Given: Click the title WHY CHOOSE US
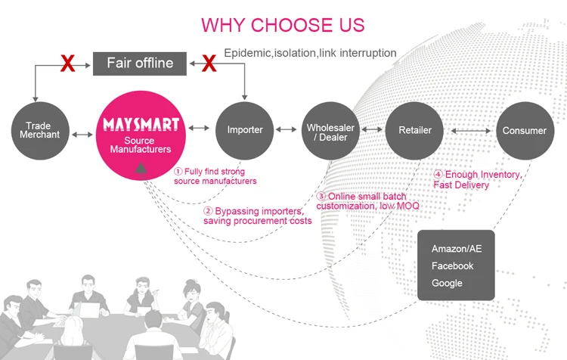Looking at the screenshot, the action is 283,24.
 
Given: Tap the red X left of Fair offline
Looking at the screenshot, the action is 67,64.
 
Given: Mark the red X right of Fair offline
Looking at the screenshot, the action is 209,64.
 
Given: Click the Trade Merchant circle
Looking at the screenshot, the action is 38,130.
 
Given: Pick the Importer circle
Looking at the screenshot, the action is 245,130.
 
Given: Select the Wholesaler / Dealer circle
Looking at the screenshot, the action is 329,130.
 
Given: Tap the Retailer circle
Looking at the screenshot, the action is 414,130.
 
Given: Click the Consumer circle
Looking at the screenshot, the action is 524,130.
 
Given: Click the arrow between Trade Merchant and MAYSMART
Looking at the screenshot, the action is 81,135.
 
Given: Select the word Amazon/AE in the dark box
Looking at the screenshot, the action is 456,249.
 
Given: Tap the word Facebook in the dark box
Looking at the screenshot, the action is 452,265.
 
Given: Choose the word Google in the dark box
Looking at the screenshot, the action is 446,283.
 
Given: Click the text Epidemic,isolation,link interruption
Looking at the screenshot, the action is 310,52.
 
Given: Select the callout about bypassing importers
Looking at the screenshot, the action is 257,215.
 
